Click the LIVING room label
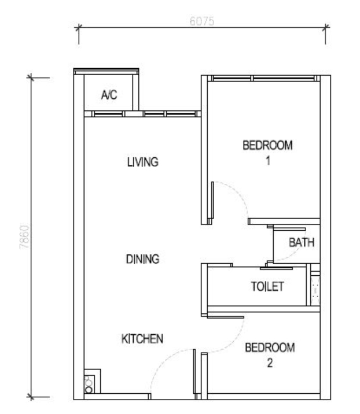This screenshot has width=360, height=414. (x=143, y=162)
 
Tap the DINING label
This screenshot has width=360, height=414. (x=143, y=259)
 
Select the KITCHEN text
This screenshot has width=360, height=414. (x=142, y=339)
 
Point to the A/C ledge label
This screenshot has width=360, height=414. (x=109, y=94)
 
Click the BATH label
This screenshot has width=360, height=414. (x=302, y=242)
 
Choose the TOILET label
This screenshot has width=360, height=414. (x=267, y=286)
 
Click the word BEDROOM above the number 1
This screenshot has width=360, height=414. (x=267, y=146)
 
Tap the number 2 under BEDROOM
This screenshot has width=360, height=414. (x=270, y=363)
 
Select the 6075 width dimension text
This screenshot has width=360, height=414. (x=202, y=21)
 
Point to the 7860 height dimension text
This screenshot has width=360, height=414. (x=24, y=237)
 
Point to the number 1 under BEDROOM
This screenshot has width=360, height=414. (x=268, y=161)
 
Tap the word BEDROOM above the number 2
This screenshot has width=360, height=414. (x=270, y=348)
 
